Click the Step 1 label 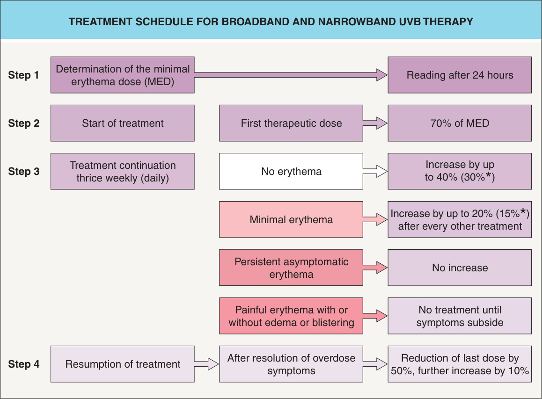click(23, 75)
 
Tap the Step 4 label click(24, 364)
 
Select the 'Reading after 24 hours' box click(460, 75)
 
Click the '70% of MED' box click(460, 123)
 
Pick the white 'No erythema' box click(291, 171)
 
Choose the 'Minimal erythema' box click(291, 219)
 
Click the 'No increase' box click(460, 268)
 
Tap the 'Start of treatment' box click(123, 123)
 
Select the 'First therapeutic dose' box click(291, 123)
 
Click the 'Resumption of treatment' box click(123, 364)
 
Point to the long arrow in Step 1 click(291, 75)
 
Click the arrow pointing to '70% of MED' click(375, 123)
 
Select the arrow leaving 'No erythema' click(375, 171)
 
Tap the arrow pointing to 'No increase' click(375, 268)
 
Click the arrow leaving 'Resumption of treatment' click(207, 364)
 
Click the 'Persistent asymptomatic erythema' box click(291, 268)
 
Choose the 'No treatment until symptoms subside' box click(460, 316)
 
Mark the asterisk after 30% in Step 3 click(489, 175)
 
